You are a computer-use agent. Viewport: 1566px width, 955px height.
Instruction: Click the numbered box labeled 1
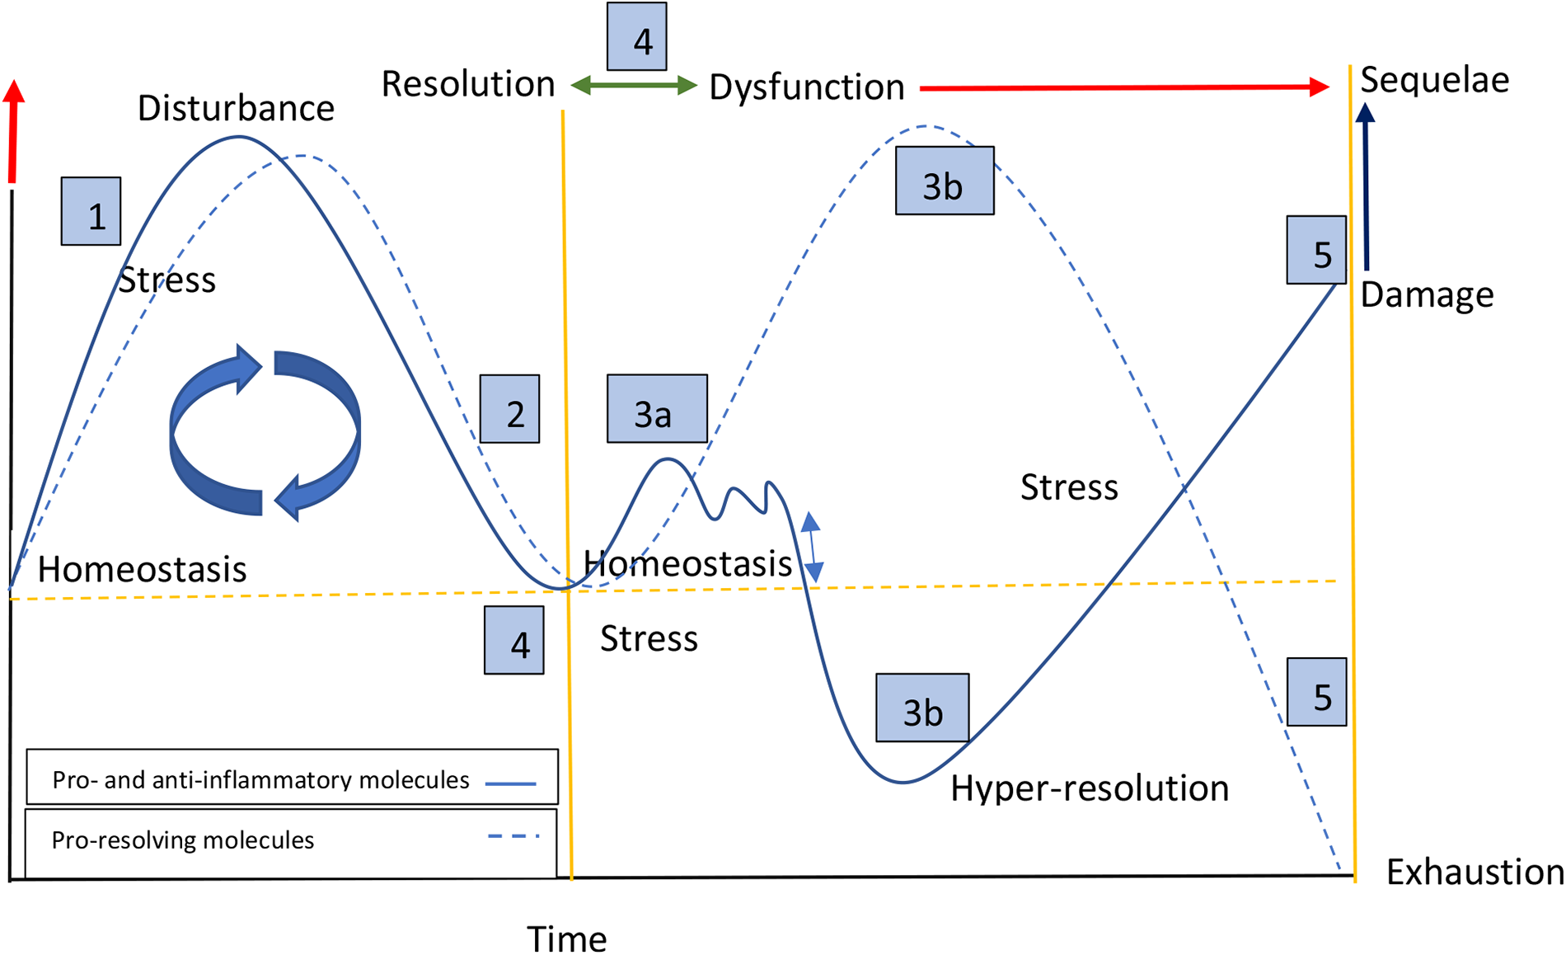click(x=91, y=211)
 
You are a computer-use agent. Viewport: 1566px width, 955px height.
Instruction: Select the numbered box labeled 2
click(x=509, y=409)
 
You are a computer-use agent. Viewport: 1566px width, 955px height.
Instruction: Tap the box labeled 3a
click(x=657, y=409)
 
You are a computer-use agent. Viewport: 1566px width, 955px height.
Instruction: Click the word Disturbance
click(x=236, y=108)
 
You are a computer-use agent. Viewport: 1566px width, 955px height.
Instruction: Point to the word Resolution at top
click(x=467, y=84)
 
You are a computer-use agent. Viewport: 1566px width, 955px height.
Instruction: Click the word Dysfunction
click(x=806, y=87)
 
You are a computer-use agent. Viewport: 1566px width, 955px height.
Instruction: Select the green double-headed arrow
click(x=634, y=85)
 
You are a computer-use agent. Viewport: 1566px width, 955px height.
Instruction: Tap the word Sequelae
click(x=1434, y=80)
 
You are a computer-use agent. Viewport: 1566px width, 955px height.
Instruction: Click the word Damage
click(x=1427, y=294)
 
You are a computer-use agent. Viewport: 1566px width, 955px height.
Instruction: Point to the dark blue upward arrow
click(x=1366, y=186)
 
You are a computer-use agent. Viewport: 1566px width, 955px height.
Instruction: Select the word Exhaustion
click(x=1475, y=872)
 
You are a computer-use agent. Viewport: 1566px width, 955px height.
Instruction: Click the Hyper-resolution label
click(x=1089, y=788)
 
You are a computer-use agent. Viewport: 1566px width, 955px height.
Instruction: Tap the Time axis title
click(x=567, y=939)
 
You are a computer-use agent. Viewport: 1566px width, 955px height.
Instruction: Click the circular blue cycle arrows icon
click(x=265, y=432)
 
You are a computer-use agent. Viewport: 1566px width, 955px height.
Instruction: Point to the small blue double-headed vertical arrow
click(x=813, y=547)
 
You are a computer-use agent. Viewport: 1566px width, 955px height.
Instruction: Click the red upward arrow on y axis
click(x=13, y=132)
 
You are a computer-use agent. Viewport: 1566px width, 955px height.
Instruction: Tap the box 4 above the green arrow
click(x=636, y=37)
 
